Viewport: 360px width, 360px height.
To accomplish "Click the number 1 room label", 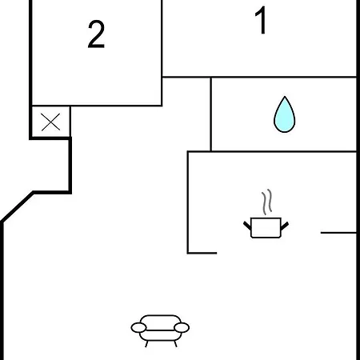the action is pyautogui.click(x=262, y=20).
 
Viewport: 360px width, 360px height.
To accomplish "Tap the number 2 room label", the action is pyautogui.click(x=96, y=34).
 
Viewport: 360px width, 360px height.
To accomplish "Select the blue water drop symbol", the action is pyautogui.click(x=285, y=114).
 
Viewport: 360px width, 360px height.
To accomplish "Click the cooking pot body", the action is pyautogui.click(x=266, y=227).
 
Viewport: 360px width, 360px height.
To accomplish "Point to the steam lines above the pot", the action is pyautogui.click(x=266, y=202).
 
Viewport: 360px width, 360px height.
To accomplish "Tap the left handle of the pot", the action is pyautogui.click(x=247, y=226).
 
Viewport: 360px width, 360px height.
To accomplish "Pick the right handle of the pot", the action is pyautogui.click(x=285, y=226).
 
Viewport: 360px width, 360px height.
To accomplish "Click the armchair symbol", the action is pyautogui.click(x=160, y=330).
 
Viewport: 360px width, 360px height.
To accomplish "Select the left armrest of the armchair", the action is pyautogui.click(x=138, y=327).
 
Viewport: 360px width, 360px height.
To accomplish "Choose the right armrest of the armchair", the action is pyautogui.click(x=182, y=327).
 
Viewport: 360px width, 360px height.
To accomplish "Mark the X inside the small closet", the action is pyautogui.click(x=50, y=122).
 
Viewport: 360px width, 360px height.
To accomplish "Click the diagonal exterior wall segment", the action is pyautogui.click(x=18, y=206).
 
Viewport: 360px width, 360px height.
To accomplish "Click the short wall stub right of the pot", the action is pyautogui.click(x=338, y=233).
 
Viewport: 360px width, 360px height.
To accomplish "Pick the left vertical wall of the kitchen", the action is pyautogui.click(x=188, y=202).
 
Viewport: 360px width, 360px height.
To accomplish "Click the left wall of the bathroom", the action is pyautogui.click(x=210, y=114).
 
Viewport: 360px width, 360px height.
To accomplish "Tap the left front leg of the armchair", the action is pyautogui.click(x=146, y=344).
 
